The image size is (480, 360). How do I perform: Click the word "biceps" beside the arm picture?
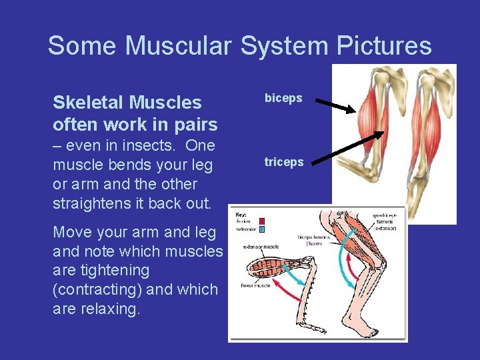pos(283,98)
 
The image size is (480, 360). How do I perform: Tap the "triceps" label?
pos(284,162)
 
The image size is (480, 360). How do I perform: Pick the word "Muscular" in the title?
pos(179,45)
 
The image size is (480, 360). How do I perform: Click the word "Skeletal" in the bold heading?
pos(90,103)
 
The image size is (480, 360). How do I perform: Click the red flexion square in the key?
pos(262,221)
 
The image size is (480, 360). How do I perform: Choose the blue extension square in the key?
pos(262,229)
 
